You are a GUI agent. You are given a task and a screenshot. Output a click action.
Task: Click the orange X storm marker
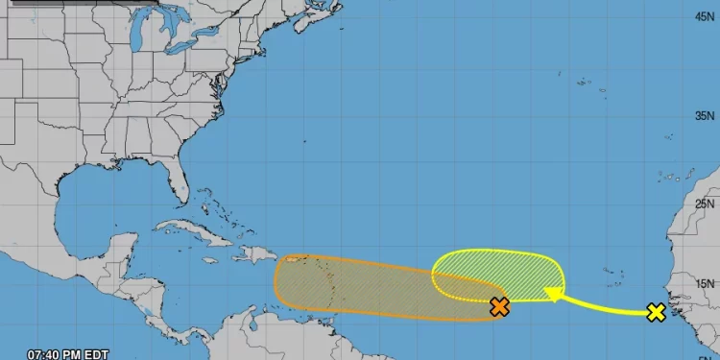[x=499, y=307]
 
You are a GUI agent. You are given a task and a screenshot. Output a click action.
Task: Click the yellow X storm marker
[x=656, y=312]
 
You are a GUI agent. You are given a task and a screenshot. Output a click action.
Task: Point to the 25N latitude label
[x=706, y=204]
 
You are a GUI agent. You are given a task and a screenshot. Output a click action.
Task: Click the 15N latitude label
[x=706, y=283]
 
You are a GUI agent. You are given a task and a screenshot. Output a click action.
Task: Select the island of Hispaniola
[x=253, y=255]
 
